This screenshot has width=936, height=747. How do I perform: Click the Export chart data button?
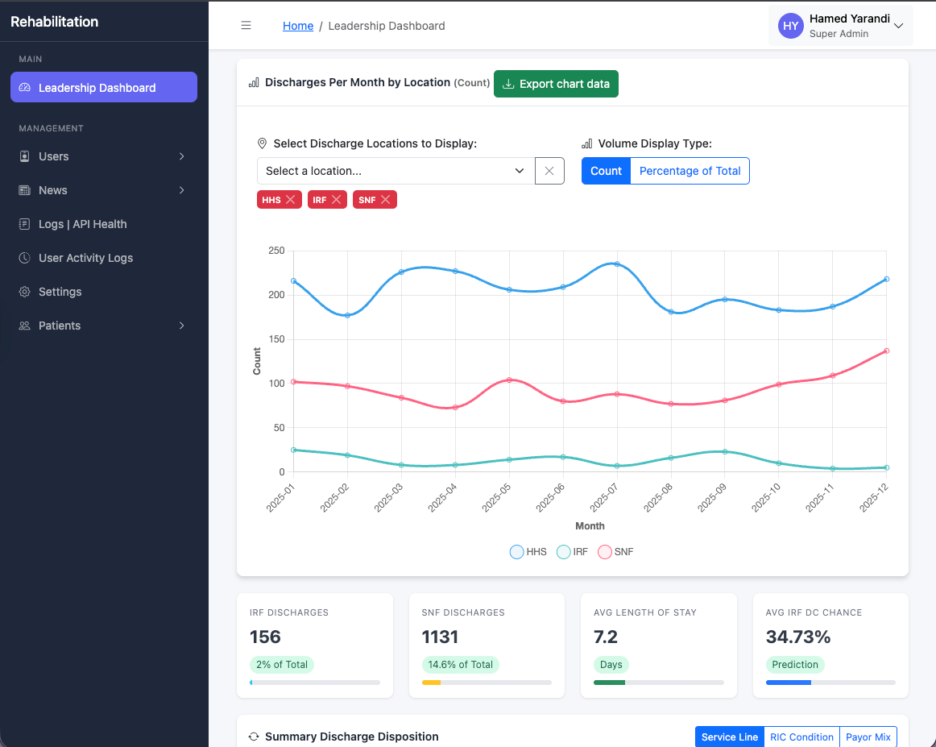556,84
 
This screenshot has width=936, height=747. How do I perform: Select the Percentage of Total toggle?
690,171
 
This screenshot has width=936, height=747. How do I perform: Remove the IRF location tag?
337,200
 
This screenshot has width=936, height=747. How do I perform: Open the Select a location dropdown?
396,171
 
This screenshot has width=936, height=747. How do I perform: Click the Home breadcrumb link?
298,26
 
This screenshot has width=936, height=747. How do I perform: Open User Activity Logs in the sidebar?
85,258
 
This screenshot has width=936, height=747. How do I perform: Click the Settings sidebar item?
60,292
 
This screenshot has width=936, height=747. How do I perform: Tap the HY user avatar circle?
790,26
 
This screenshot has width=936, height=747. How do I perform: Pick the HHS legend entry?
528,552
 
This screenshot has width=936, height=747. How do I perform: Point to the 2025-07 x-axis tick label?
604,493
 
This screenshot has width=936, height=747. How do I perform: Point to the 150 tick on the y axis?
275,339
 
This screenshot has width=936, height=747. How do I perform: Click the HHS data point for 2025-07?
617,264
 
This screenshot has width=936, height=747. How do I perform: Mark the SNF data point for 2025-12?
886,351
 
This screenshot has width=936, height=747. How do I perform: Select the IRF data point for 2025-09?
725,452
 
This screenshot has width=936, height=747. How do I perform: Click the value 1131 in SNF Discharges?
440,637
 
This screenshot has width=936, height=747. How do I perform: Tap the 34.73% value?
797,637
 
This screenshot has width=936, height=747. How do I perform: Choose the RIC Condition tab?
801,737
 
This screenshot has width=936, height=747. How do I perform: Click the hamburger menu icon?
246,26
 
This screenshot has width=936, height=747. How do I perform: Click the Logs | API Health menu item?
82,224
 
